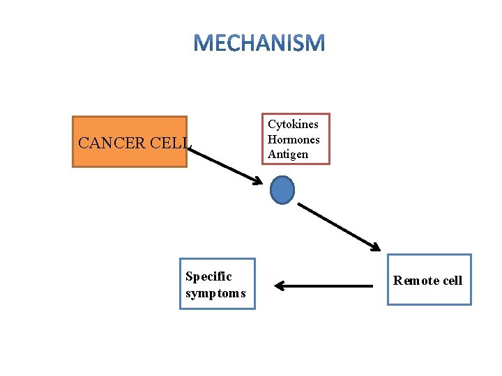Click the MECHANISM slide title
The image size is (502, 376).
pyautogui.click(x=259, y=44)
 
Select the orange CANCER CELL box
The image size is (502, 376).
pyautogui.click(x=130, y=141)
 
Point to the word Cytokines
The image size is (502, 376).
pyautogui.click(x=293, y=125)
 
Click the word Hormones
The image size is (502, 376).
pyautogui.click(x=294, y=139)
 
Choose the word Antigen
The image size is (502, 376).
pyautogui.click(x=287, y=154)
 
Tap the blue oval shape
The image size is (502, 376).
pyautogui.click(x=282, y=189)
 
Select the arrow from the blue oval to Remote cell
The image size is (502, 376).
pyautogui.click(x=339, y=226)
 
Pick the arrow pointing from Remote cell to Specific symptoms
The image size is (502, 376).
pyautogui.click(x=324, y=285)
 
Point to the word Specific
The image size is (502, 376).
pyautogui.click(x=208, y=276)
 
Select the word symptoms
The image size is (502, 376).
pyautogui.click(x=215, y=293)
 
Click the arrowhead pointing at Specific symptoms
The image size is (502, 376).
pyautogui.click(x=279, y=285)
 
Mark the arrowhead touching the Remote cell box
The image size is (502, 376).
pyautogui.click(x=375, y=246)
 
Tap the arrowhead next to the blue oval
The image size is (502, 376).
pyautogui.click(x=257, y=181)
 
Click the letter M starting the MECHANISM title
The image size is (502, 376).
pyautogui.click(x=203, y=44)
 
